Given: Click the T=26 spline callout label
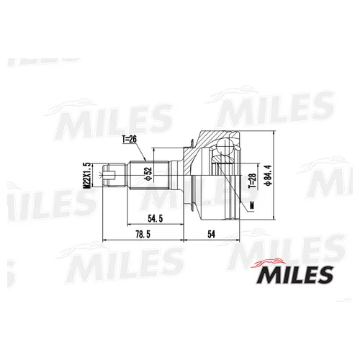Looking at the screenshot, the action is point(129,139).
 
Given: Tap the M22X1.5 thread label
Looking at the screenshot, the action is point(86,176).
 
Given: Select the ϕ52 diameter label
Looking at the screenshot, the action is point(148,174).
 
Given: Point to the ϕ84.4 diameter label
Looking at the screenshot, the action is point(267,175).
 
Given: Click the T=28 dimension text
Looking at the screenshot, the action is point(252,181).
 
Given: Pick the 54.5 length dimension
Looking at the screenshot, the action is point(156,219).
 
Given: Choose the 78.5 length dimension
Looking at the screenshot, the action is point(143,234).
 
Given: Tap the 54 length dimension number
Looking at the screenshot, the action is point(211,234).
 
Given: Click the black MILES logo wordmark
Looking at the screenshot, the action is point(294,275).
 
